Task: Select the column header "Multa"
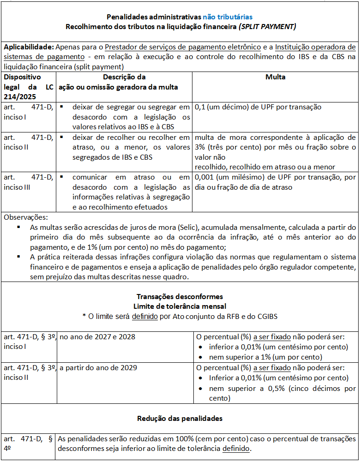pyautogui.click(x=275, y=77)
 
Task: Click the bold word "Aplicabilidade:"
pyautogui.click(x=29, y=47)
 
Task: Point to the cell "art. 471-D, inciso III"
pyautogui.click(x=28, y=182)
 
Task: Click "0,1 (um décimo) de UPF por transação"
pyautogui.click(x=258, y=107)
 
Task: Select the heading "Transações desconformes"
pyautogui.click(x=180, y=296)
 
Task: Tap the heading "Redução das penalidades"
pyautogui.click(x=180, y=419)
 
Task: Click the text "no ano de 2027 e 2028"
pyautogui.click(x=97, y=337)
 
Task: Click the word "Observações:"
pyautogui.click(x=25, y=217)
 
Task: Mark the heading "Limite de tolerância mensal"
pyautogui.click(x=180, y=306)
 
